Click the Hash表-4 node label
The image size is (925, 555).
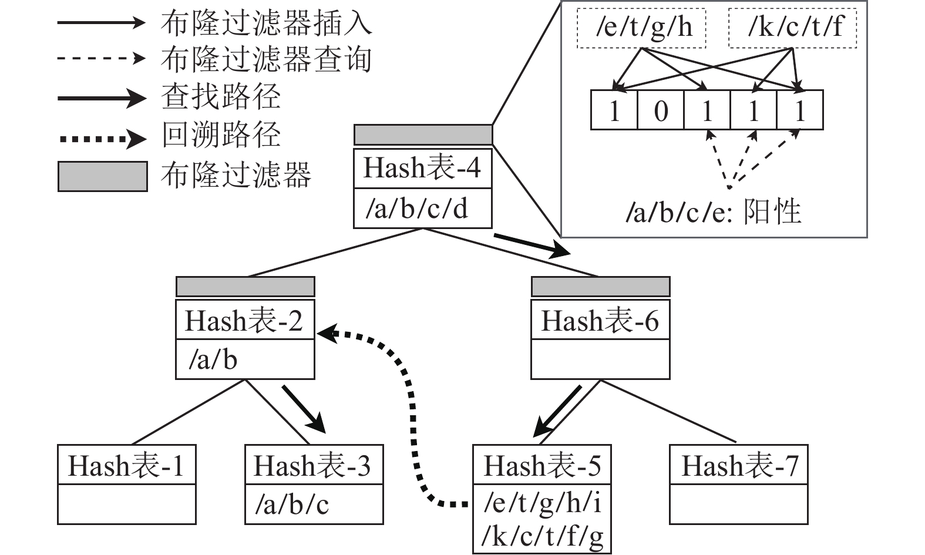pyautogui.click(x=422, y=168)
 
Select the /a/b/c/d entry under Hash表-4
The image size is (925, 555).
pyautogui.click(x=417, y=208)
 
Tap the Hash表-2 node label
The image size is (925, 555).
pyautogui.click(x=244, y=321)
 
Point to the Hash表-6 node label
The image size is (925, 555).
pyautogui.click(x=600, y=321)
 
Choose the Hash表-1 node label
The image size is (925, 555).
pyautogui.click(x=126, y=466)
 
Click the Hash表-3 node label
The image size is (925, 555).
pyautogui.click(x=313, y=466)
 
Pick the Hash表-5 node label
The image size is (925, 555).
pyautogui.click(x=541, y=466)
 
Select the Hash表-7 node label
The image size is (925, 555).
pyautogui.click(x=739, y=466)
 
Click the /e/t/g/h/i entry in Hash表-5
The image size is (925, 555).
pyautogui.click(x=543, y=503)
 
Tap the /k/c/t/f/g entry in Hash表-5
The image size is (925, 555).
pyautogui.click(x=543, y=536)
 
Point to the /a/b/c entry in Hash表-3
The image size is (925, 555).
pyautogui.click(x=292, y=504)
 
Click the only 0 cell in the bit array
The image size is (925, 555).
pyautogui.click(x=661, y=110)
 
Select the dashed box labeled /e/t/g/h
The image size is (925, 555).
pyautogui.click(x=641, y=28)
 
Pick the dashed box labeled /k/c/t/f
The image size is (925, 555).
pyautogui.click(x=793, y=28)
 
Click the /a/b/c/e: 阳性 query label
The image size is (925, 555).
pyautogui.click(x=713, y=211)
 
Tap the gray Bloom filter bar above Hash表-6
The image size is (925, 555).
pyautogui.click(x=600, y=287)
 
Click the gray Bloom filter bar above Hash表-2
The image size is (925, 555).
pyautogui.click(x=245, y=287)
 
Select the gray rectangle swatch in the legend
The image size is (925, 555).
pyautogui.click(x=102, y=176)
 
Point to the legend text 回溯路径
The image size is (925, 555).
pyautogui.click(x=221, y=136)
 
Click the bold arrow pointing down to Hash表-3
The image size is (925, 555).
pyautogui.click(x=304, y=409)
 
